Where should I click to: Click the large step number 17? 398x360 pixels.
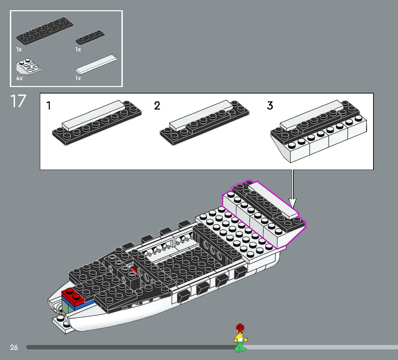pyautogui.click(x=18, y=101)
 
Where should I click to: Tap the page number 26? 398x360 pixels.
pyautogui.click(x=14, y=347)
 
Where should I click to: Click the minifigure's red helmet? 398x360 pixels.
pyautogui.click(x=240, y=328)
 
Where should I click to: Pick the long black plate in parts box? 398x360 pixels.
pyautogui.click(x=44, y=31)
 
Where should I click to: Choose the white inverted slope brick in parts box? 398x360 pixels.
pyautogui.click(x=28, y=67)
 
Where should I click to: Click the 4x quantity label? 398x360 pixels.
pyautogui.click(x=19, y=78)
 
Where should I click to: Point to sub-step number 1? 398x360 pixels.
pyautogui.click(x=49, y=106)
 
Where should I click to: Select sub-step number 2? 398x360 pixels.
pyautogui.click(x=157, y=106)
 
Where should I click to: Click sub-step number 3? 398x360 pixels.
pyautogui.click(x=270, y=106)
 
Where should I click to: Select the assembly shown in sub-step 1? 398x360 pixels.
pyautogui.click(x=97, y=123)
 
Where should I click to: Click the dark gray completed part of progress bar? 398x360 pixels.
pyautogui.click(x=130, y=347)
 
